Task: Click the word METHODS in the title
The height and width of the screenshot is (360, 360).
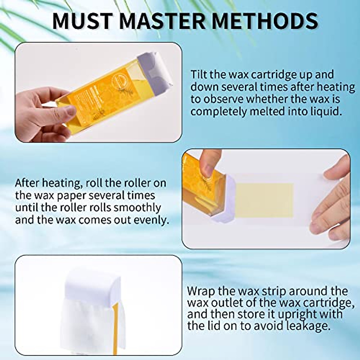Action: coord(264,20)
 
